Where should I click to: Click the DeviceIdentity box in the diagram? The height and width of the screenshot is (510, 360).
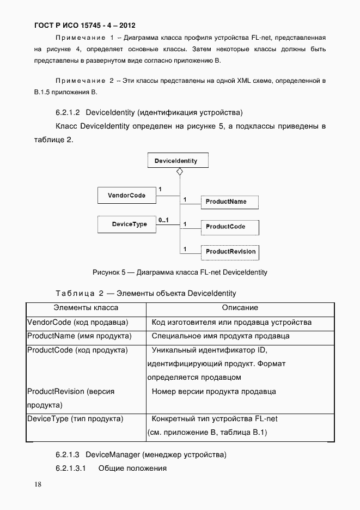[x=176, y=161]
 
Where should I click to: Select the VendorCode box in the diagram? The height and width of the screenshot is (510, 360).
[x=126, y=195]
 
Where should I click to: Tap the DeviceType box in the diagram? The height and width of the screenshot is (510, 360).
[x=126, y=224]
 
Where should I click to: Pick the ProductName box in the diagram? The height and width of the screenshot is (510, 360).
[x=229, y=202]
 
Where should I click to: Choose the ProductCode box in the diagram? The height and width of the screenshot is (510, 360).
[x=229, y=227]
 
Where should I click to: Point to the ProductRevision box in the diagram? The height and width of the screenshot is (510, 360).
[x=229, y=252]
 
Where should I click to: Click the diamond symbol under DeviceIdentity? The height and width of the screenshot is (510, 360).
[x=180, y=172]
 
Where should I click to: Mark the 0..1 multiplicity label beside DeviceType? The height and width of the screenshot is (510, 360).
[x=163, y=220]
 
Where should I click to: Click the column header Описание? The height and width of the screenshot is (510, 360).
[x=240, y=308]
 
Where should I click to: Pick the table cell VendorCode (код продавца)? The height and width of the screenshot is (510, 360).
[x=78, y=323]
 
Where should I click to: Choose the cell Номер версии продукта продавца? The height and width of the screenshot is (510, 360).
[x=213, y=391]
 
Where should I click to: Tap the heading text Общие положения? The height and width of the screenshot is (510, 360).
[x=132, y=469]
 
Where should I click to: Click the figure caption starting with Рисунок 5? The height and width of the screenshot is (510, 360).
[x=180, y=272]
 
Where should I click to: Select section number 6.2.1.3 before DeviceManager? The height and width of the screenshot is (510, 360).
[x=68, y=454]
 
